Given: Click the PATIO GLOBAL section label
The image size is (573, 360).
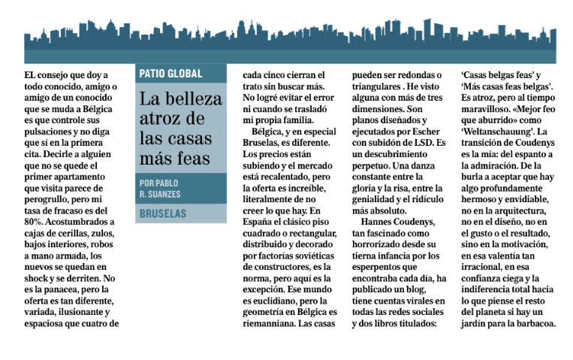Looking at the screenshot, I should [170, 74].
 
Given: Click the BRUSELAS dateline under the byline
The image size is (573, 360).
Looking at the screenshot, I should [163, 213].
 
